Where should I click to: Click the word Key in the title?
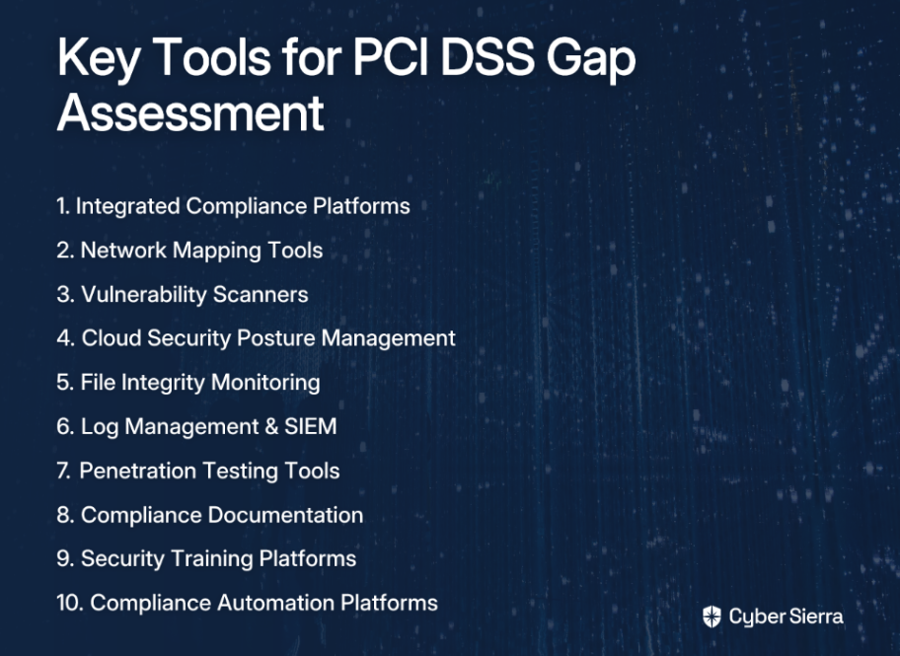coord(98,58)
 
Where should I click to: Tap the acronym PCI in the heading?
coord(391,56)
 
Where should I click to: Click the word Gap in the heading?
coord(591,59)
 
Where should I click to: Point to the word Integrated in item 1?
coord(127,206)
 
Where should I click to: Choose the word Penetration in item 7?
coord(138,471)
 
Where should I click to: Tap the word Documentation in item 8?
coord(285,515)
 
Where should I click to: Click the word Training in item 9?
coord(212,559)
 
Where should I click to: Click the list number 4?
coord(65,338)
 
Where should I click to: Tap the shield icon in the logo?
coord(712,617)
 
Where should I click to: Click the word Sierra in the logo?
coord(816,617)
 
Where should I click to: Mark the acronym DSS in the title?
coord(487,56)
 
